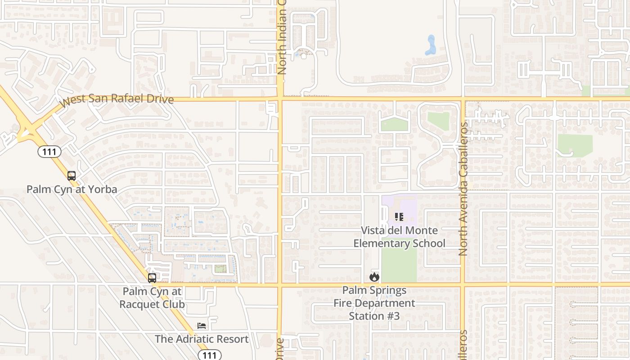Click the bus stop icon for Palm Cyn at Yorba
[72, 176]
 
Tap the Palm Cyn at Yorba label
[72, 189]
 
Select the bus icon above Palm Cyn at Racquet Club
[152, 278]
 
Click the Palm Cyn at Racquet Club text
[152, 297]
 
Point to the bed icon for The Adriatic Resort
[202, 326]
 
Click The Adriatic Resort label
[202, 339]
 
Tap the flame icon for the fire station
[374, 277]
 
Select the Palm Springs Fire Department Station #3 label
[374, 303]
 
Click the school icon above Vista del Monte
[399, 217]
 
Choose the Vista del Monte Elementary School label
[399, 237]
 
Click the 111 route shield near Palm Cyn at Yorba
[49, 152]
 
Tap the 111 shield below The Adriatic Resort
[210, 355]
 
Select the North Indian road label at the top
[282, 38]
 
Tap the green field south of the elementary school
[399, 265]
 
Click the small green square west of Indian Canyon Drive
[220, 269]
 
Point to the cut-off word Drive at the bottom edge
[280, 349]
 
